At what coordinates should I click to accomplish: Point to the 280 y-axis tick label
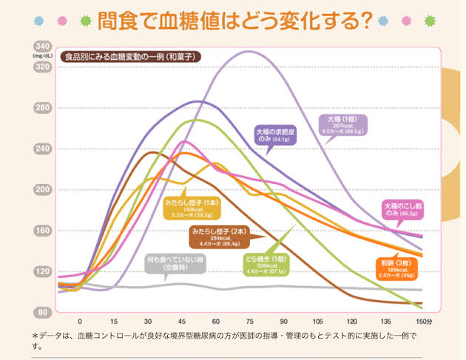tap(41, 108)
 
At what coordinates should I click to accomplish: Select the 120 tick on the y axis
tap(41, 272)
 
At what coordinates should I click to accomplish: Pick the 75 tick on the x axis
tap(249, 322)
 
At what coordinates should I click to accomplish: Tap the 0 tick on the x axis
tap(80, 322)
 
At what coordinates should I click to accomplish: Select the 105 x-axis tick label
tap(317, 322)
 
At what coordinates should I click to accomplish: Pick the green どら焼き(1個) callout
tap(267, 265)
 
